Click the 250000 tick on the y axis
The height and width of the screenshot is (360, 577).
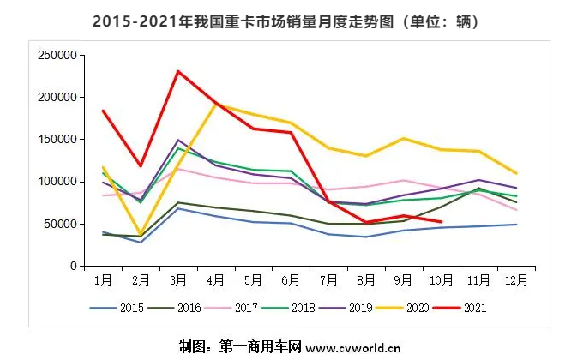click(x=58, y=55)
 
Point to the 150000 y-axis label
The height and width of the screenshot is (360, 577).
click(x=58, y=139)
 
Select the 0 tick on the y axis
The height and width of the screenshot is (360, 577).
click(x=74, y=266)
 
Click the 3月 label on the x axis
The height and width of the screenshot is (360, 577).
click(x=177, y=279)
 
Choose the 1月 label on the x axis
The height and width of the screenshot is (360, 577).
click(x=102, y=279)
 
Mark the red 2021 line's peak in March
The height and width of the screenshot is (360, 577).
click(x=177, y=71)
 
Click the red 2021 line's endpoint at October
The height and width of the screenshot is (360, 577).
click(x=442, y=222)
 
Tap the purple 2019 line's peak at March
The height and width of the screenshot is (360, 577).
click(x=177, y=140)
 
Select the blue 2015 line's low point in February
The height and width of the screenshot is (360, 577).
click(x=140, y=243)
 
